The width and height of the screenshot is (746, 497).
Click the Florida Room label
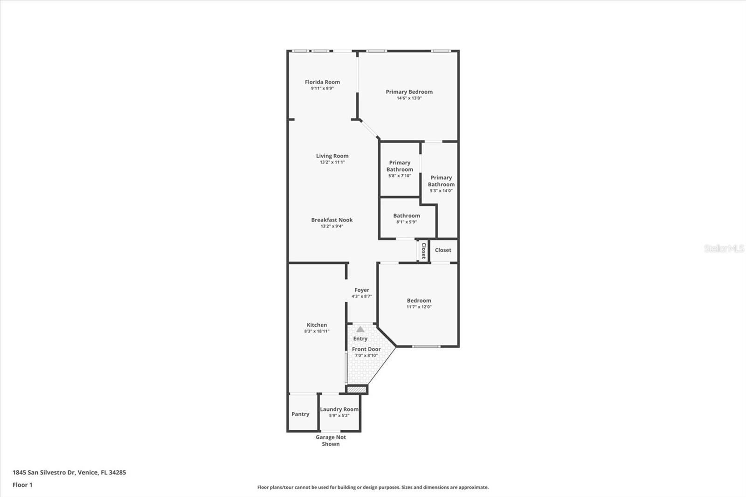coord(322,82)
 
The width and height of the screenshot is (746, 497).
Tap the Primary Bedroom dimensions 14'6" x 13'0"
coord(409,98)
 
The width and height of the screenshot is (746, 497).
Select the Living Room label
coord(332,156)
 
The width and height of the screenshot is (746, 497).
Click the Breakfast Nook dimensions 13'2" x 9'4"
coord(332,226)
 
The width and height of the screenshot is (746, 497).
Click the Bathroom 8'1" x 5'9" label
coord(406,216)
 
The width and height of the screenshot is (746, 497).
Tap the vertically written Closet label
coord(423,250)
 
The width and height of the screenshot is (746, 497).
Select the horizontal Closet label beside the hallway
coord(443,250)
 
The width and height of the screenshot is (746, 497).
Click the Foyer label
coord(361,290)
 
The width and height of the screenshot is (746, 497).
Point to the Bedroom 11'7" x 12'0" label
coord(419,301)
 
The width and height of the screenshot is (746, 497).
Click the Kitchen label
coord(317,325)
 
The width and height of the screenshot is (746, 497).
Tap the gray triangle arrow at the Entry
coord(360,329)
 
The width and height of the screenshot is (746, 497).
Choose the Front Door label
coord(366,349)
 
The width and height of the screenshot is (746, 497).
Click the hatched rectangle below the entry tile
coord(357,389)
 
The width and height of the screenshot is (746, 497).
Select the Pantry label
coord(300,414)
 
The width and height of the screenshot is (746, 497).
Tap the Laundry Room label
coord(339,409)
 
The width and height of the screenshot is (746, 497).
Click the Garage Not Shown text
coord(331,441)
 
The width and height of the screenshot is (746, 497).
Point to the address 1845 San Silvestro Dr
coord(69,472)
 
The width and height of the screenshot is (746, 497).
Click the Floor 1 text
coord(22,485)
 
